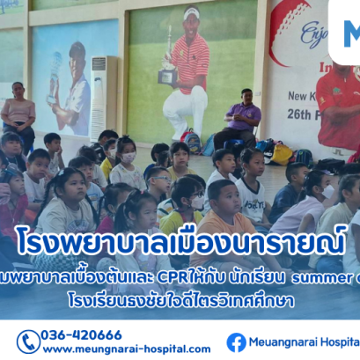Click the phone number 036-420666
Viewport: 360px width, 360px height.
pos(82,334)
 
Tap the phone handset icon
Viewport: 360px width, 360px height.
pos(27,341)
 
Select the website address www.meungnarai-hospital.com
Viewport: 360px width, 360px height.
pos(126,349)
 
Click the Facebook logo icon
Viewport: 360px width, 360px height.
pos(236,342)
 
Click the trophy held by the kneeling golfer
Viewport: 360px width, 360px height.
pos(166,68)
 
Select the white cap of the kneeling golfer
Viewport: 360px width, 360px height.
pos(191,14)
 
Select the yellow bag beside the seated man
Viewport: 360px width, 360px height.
pos(281,153)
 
